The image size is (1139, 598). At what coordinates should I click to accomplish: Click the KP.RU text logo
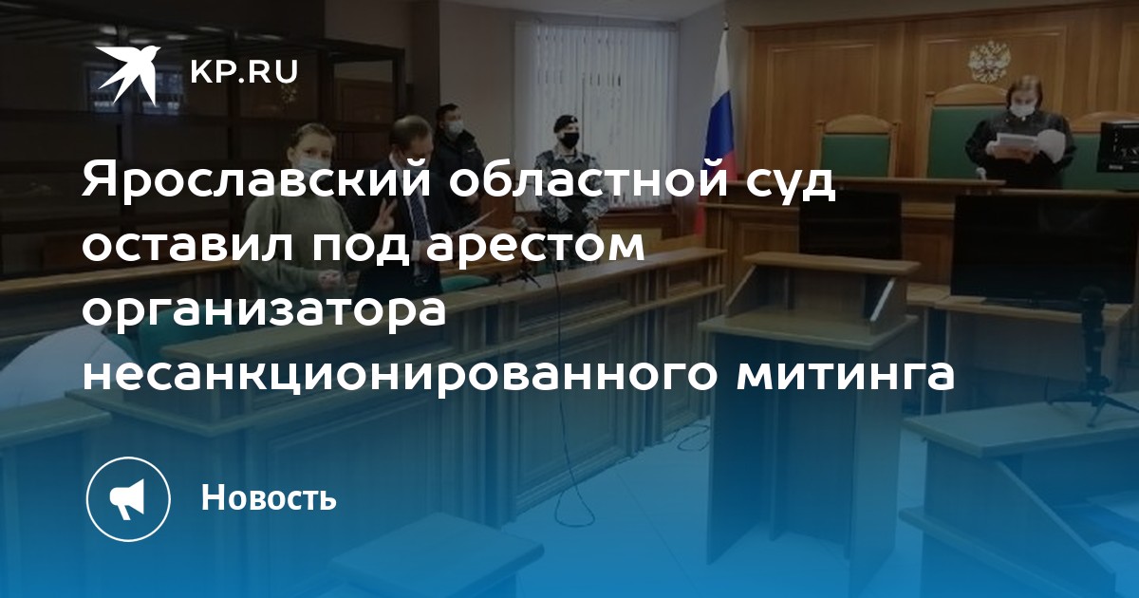click(x=244, y=72)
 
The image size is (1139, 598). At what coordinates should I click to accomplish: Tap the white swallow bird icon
click(x=128, y=74)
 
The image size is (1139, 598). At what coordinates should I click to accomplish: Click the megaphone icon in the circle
click(x=127, y=498)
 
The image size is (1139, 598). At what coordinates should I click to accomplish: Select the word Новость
click(x=269, y=496)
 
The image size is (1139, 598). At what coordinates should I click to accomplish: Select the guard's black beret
click(x=565, y=122)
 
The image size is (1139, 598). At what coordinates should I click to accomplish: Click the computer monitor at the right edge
click(x=1118, y=147)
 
